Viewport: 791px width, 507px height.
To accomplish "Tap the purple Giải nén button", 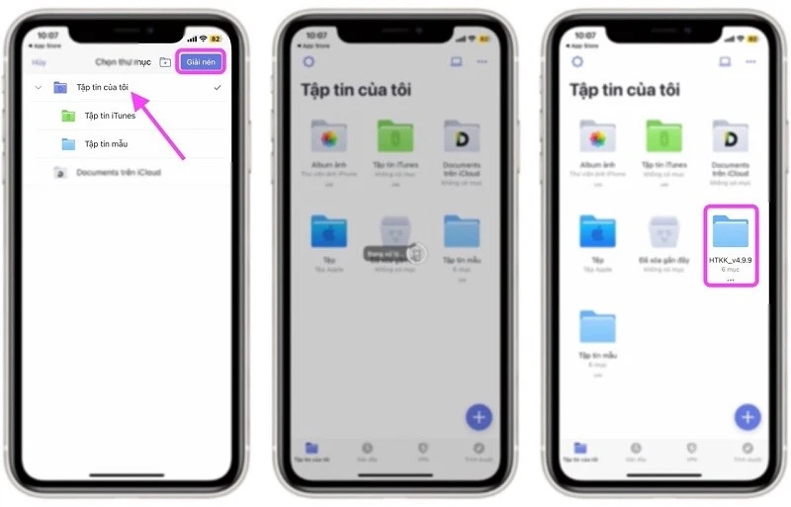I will (201, 61).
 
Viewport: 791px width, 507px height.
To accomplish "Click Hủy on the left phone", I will (39, 61).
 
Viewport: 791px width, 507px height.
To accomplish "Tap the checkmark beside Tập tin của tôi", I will (217, 88).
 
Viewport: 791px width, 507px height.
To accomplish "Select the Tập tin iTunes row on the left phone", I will (109, 116).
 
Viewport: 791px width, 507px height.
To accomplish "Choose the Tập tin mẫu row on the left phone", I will (105, 144).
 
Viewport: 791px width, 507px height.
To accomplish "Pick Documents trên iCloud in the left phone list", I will (118, 172).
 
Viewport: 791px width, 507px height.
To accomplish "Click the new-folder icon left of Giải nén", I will (165, 62).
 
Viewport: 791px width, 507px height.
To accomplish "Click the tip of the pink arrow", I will (134, 94).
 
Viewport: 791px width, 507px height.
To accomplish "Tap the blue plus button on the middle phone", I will (479, 416).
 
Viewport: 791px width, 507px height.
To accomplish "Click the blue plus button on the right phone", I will (747, 416).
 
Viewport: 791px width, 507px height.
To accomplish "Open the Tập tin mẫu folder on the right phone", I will (597, 328).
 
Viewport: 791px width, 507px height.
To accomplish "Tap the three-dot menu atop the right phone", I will (750, 61).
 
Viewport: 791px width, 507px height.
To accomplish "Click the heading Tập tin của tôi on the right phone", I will (624, 90).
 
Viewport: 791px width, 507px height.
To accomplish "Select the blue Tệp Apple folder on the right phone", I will (597, 232).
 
